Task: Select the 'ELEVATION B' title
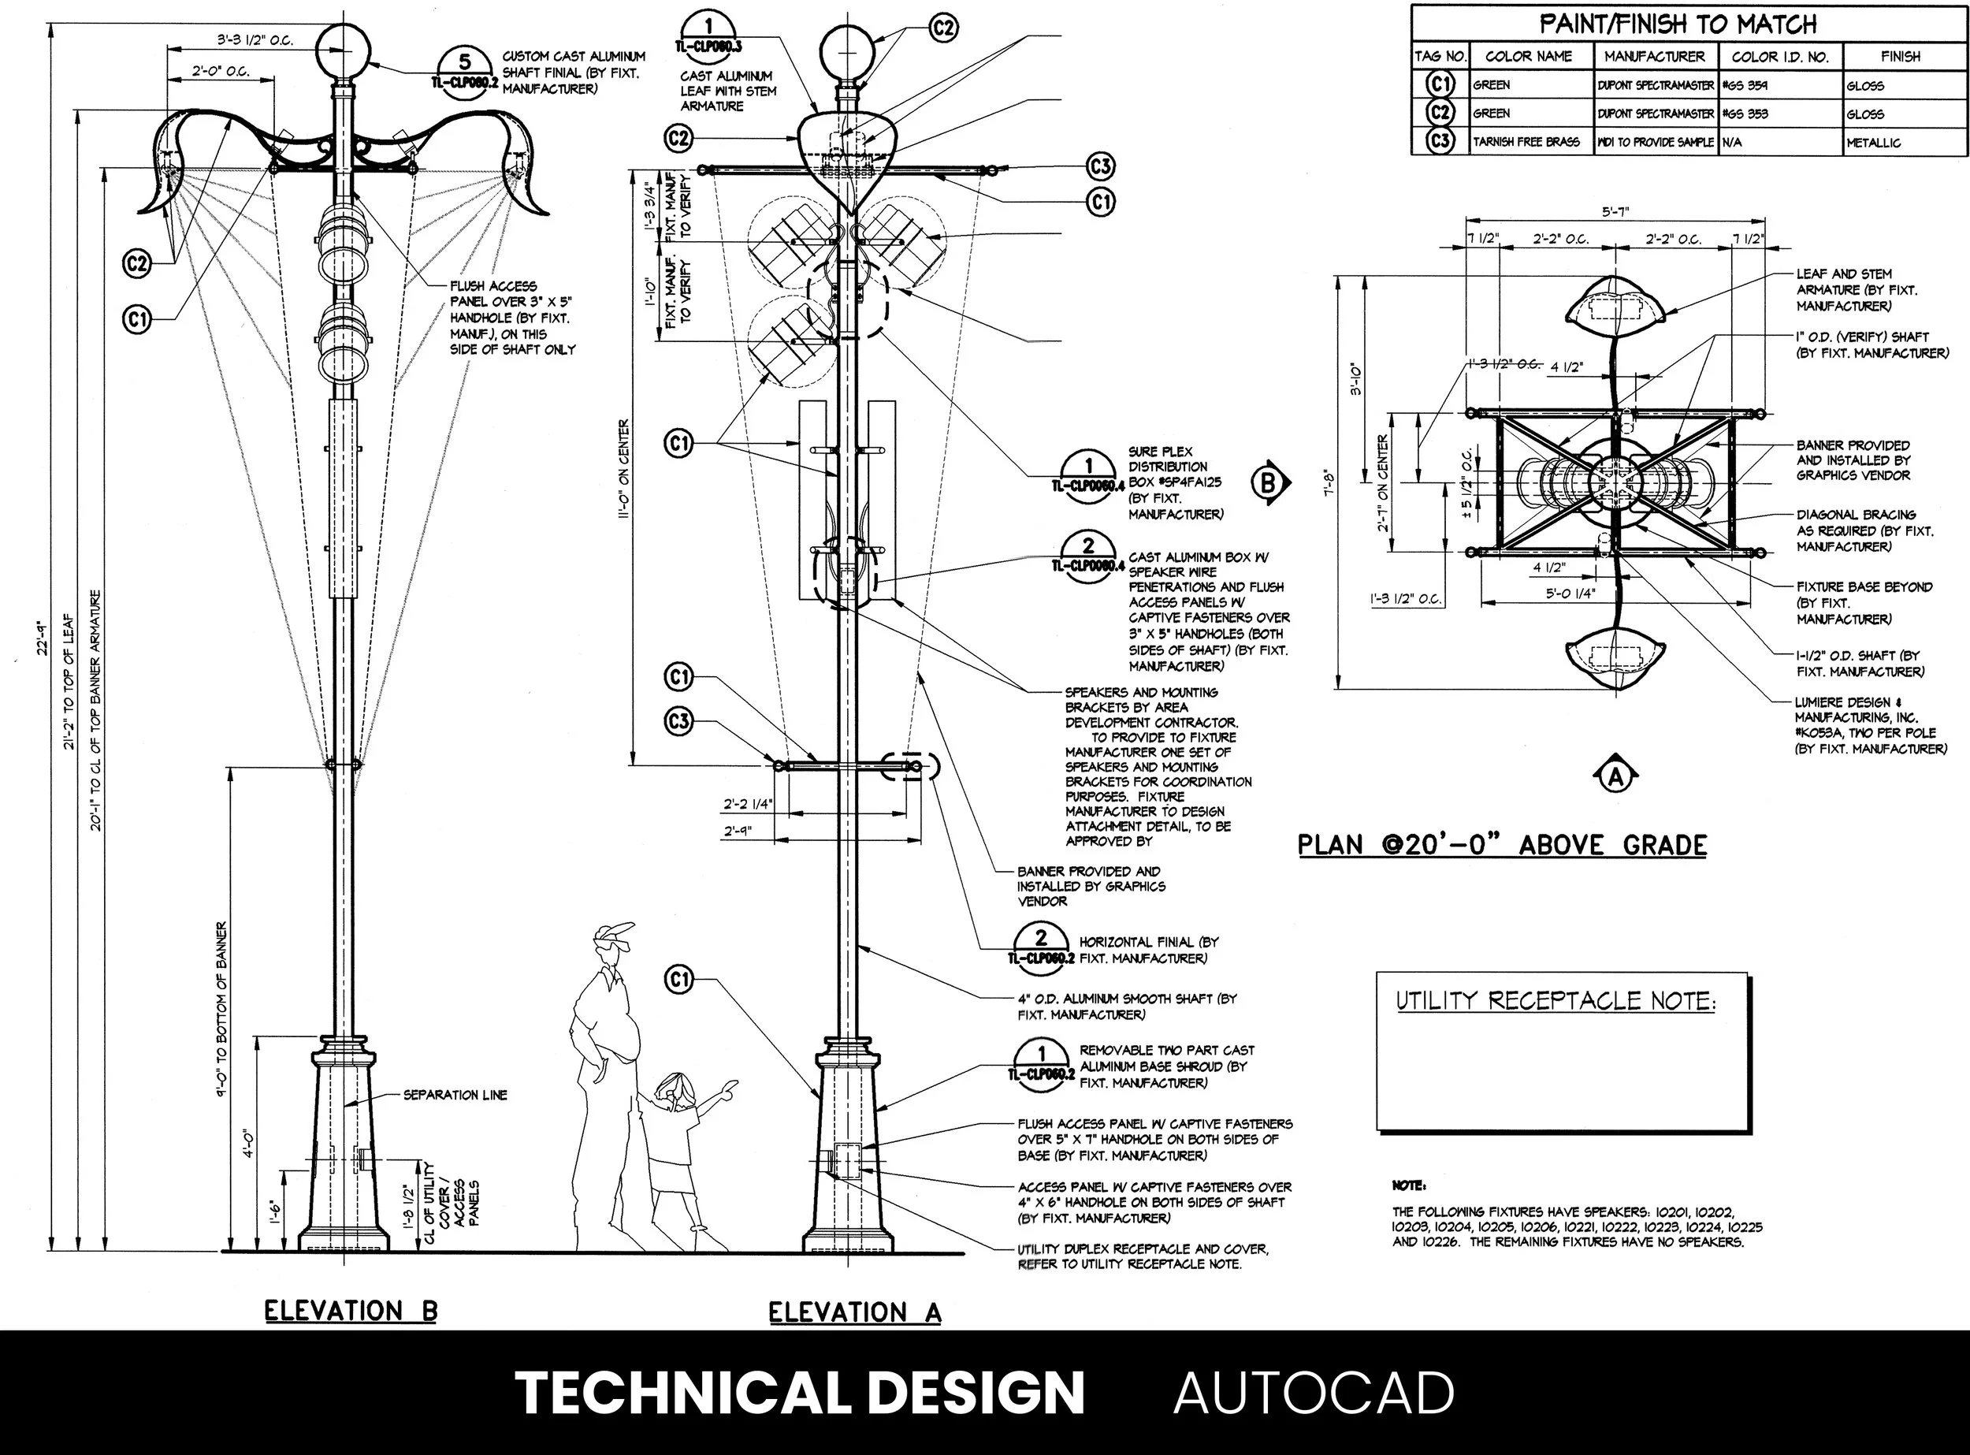pos(351,1312)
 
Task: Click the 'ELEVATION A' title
pos(854,1313)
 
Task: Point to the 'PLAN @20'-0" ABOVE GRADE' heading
pos(1503,846)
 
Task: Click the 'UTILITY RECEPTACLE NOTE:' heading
pos(1556,1002)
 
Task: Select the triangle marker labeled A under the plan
pos(1616,776)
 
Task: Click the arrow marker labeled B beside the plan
pos(1270,482)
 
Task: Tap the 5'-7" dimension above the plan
pos(1617,212)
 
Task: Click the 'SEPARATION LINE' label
pos(455,1095)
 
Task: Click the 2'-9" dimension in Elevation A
pos(738,831)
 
